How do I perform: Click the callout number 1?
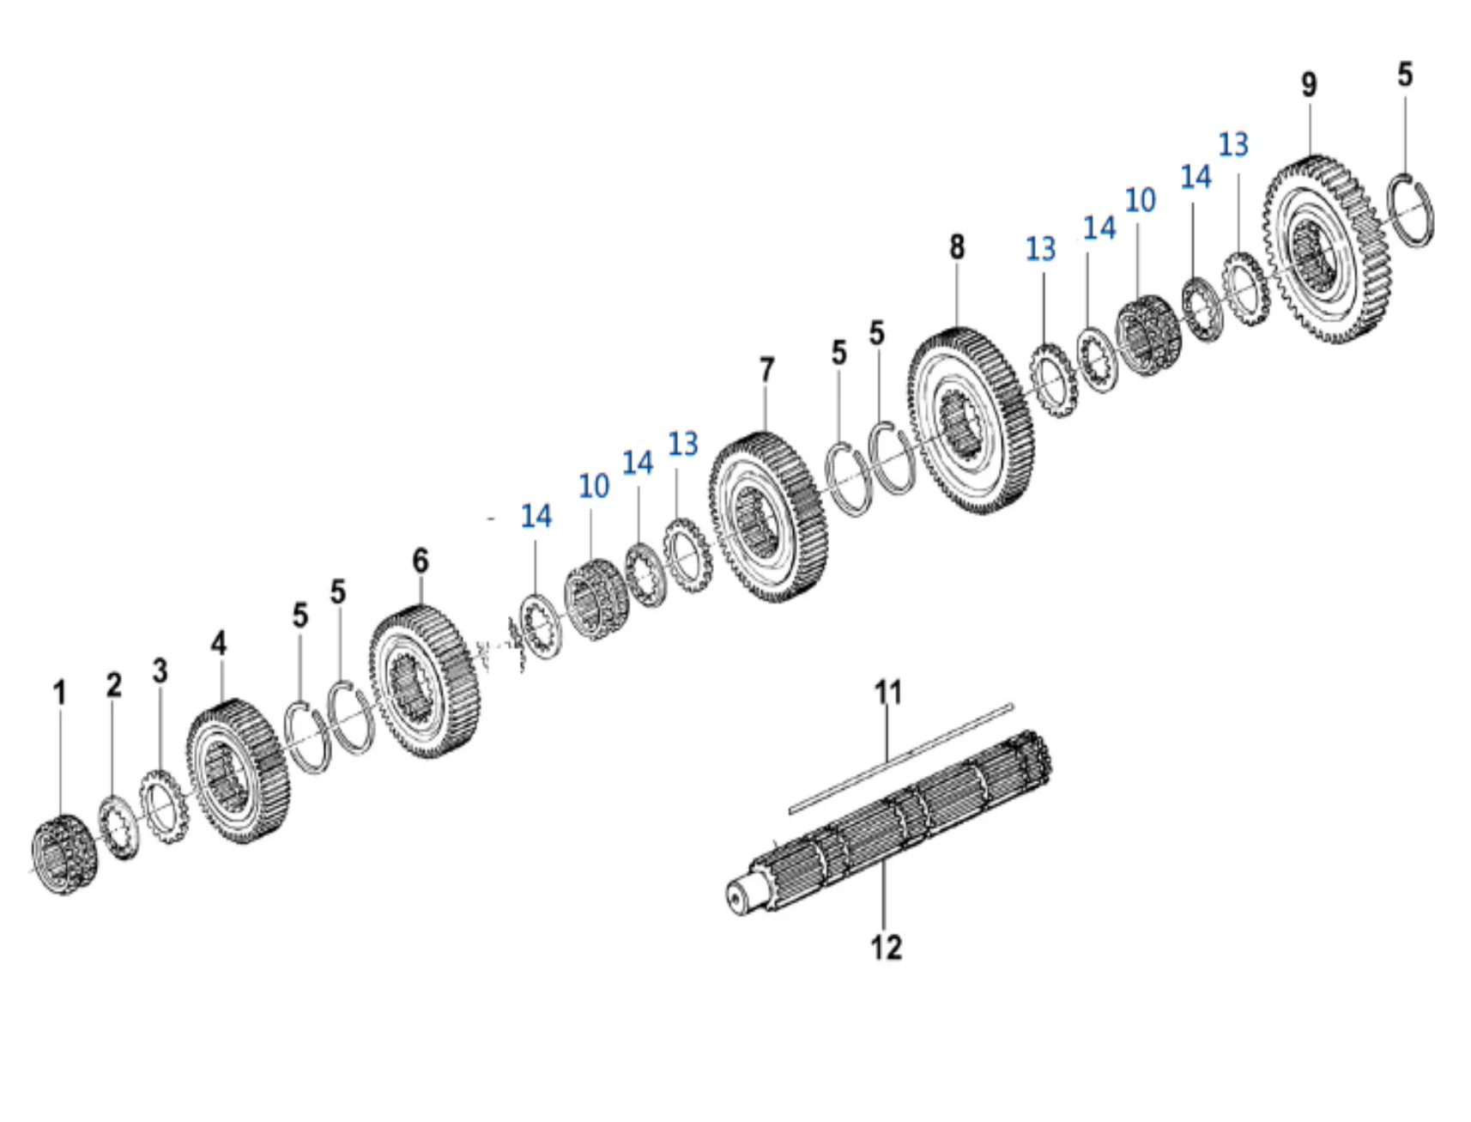point(59,693)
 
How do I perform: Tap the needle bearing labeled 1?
point(64,855)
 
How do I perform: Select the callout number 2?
point(114,685)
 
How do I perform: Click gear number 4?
point(238,771)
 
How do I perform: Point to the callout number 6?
point(420,561)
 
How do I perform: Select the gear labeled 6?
point(424,682)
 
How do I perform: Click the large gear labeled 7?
point(768,517)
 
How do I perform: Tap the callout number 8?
point(957,247)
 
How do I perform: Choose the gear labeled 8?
point(971,421)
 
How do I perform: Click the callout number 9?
point(1308,84)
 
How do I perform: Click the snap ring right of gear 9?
point(1412,211)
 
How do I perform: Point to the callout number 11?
point(888,692)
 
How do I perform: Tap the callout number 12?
point(886,947)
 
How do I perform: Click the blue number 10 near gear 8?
point(1140,200)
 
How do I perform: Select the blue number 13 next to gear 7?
point(683,444)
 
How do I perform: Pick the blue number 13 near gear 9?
point(1233,144)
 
